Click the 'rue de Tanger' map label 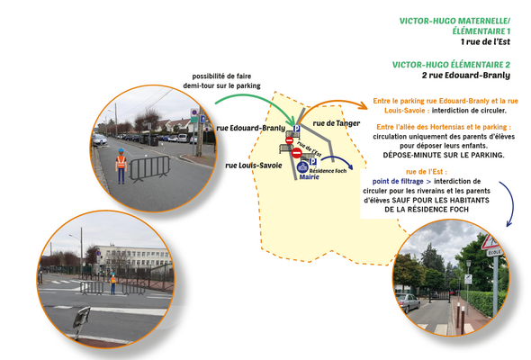pos(337,123)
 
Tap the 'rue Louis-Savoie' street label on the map pos(254,166)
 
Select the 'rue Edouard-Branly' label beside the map pos(250,128)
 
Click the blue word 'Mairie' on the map pos(310,176)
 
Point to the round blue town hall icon pos(302,167)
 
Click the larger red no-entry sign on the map pos(297,153)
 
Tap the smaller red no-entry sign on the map pos(289,140)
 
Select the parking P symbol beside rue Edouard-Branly pos(297,129)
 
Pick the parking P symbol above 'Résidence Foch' pos(313,162)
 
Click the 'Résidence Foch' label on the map pos(328,171)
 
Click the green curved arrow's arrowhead pos(292,121)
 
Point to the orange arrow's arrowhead pos(363,105)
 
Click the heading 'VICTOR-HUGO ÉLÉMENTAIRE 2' pos(451,65)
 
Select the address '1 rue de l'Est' pos(485,41)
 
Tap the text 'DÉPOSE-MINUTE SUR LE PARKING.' pos(444,155)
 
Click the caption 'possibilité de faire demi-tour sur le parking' pos(221,81)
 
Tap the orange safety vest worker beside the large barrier pos(121,166)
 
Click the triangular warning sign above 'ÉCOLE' pos(490,242)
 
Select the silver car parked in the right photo pos(408,302)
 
